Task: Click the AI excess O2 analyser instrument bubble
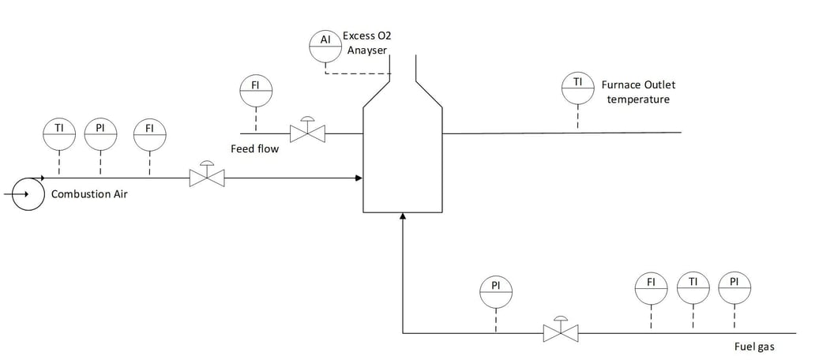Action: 325,46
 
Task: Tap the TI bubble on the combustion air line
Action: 59,135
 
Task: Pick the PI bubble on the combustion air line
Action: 100,135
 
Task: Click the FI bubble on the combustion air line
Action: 149,135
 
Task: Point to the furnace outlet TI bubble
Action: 577,88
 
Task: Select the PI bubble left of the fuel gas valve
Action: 496,292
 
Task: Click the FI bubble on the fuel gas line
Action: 652,288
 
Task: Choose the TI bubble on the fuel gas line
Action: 693,288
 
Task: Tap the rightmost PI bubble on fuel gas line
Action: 734,288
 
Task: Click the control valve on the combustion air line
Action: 207,176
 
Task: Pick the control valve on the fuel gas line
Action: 561,331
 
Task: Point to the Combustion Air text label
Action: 87,193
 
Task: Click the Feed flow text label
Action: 254,148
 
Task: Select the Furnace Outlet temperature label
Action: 638,92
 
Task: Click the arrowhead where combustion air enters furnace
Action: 358,178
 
